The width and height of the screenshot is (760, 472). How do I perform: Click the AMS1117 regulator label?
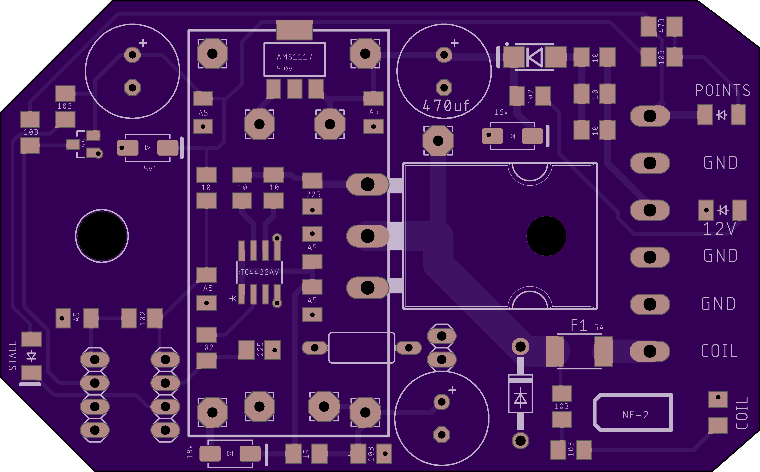(294, 57)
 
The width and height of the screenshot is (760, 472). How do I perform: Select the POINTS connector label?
(722, 91)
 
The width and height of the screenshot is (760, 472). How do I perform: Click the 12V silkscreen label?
(719, 229)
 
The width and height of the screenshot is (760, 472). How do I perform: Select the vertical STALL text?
(13, 356)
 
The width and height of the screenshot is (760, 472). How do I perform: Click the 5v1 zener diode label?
(150, 169)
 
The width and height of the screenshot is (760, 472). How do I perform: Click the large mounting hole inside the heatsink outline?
(546, 236)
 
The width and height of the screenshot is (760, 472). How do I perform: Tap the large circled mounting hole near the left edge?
(102, 236)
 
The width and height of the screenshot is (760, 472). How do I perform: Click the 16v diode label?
(501, 112)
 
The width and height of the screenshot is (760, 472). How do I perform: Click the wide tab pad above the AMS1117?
(294, 30)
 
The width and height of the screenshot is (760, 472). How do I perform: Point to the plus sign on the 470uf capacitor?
(454, 43)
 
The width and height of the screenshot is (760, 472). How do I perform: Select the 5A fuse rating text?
(598, 328)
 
